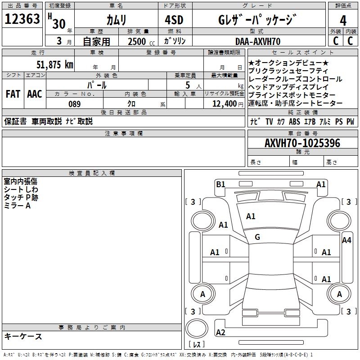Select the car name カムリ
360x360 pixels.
click(x=116, y=20)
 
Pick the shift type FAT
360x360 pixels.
click(x=13, y=94)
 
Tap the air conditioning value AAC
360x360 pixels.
click(x=34, y=94)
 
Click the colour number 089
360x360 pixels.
click(x=74, y=104)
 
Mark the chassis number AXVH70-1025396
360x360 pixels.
click(x=302, y=143)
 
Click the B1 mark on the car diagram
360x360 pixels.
click(x=220, y=184)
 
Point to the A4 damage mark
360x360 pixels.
click(x=346, y=240)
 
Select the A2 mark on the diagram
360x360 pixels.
click(x=220, y=333)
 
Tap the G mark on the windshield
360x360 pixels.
click(x=257, y=237)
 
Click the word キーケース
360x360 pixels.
click(x=23, y=336)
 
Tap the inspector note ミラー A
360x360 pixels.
click(x=17, y=205)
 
